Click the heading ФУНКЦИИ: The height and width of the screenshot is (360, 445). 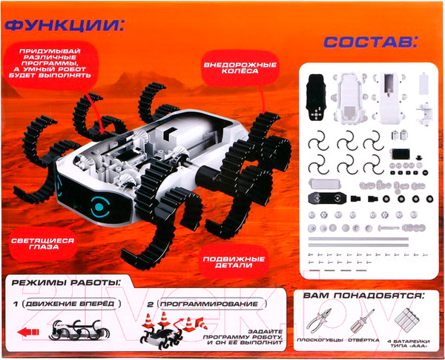65,27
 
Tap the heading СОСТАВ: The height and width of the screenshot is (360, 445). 371,42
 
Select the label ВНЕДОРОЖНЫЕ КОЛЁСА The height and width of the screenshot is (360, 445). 240,68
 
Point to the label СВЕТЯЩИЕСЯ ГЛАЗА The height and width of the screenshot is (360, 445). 42,243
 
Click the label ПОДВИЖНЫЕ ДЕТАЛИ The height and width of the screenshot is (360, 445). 234,262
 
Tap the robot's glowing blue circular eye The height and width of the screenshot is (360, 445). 99,206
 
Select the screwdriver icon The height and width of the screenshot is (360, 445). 361,321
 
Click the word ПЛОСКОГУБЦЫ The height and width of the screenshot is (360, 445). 320,340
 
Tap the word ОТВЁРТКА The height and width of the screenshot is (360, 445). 363,340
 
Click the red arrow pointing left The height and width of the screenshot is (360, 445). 28,332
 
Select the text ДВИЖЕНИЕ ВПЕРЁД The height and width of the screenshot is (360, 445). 70,304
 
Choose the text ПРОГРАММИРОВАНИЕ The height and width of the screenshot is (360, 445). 209,304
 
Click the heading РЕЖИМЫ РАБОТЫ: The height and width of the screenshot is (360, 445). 66,283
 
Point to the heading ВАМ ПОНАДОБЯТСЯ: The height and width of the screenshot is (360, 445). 363,295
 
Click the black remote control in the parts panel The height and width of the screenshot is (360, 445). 316,98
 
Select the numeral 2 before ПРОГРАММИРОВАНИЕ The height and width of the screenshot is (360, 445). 150,304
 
